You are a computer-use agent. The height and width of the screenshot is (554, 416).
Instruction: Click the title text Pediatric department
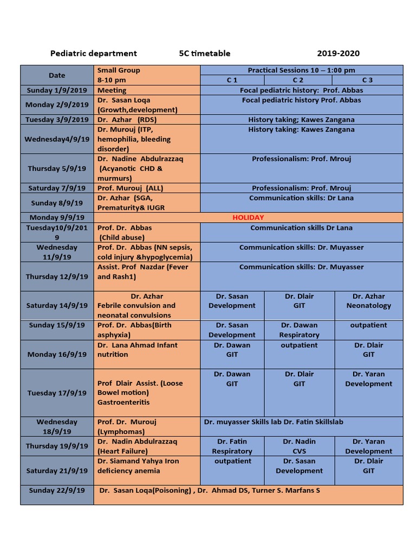pyautogui.click(x=94, y=53)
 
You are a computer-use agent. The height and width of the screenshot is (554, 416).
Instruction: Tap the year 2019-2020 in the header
pyautogui.click(x=338, y=53)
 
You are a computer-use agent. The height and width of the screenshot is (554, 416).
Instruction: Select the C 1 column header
pyautogui.click(x=232, y=80)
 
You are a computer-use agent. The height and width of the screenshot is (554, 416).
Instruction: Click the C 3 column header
pyautogui.click(x=368, y=80)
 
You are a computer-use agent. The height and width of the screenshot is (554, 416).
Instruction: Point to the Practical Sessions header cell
pyautogui.click(x=301, y=70)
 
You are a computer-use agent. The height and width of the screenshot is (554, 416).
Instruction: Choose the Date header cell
pyautogui.click(x=57, y=75)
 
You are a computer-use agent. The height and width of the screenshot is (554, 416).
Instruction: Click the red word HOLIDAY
pyautogui.click(x=248, y=217)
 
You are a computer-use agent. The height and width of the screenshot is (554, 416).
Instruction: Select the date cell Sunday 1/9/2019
pyautogui.click(x=57, y=90)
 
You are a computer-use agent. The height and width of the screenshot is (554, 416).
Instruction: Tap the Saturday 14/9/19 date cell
pyautogui.click(x=57, y=306)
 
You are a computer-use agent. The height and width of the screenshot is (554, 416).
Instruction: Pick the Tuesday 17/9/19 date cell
pyautogui.click(x=57, y=393)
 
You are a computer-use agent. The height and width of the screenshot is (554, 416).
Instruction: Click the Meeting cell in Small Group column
pyautogui.click(x=112, y=90)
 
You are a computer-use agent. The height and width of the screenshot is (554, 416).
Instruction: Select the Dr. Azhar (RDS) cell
pyautogui.click(x=127, y=120)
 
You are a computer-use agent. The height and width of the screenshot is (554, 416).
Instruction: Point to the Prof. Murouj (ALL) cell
pyautogui.click(x=130, y=188)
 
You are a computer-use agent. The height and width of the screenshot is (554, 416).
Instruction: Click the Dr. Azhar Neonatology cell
pyautogui.click(x=368, y=301)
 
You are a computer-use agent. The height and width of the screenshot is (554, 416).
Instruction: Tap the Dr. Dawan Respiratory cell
pyautogui.click(x=299, y=330)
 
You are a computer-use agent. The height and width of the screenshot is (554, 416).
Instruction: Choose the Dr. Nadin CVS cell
pyautogui.click(x=299, y=446)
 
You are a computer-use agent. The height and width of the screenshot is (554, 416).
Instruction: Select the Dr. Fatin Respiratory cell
pyautogui.click(x=232, y=446)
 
